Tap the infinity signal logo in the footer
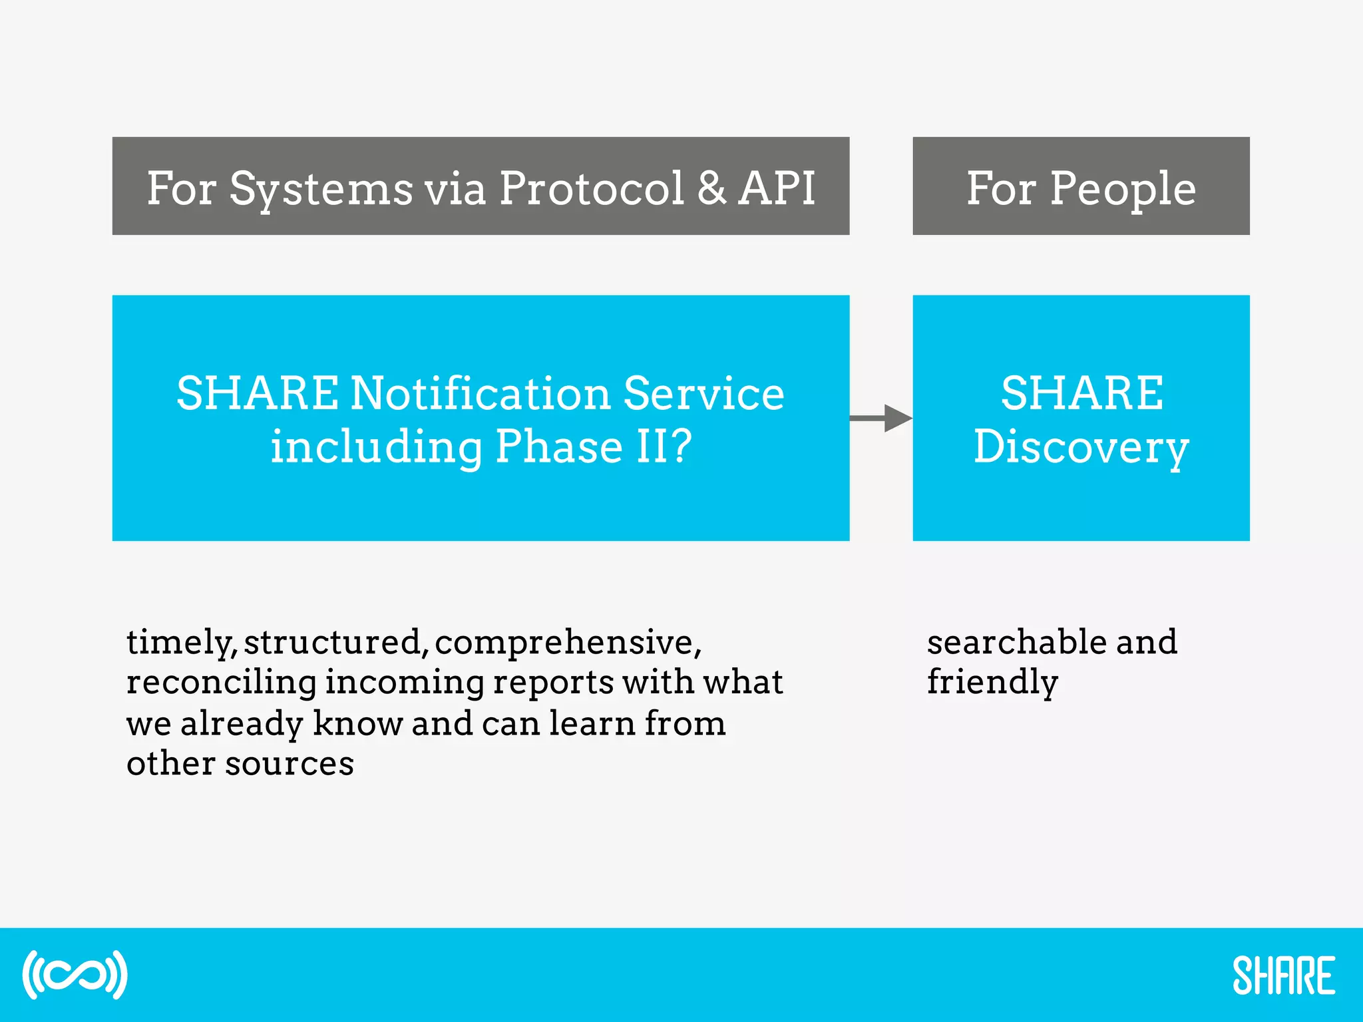click(x=75, y=975)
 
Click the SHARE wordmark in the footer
click(x=1283, y=976)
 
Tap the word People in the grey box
click(x=1123, y=189)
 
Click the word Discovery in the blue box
click(x=1081, y=447)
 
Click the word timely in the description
click(x=180, y=643)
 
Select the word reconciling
click(x=222, y=683)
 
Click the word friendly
click(x=992, y=683)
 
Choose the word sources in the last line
click(x=290, y=764)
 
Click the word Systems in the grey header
click(x=321, y=189)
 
